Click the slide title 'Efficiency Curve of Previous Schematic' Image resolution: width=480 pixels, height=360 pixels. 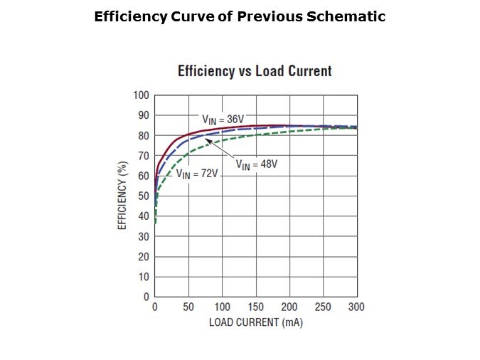click(x=240, y=16)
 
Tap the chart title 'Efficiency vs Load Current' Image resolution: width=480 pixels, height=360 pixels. click(x=255, y=71)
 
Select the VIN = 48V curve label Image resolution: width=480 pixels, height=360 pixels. click(x=256, y=164)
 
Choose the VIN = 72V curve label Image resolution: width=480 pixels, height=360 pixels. click(x=196, y=173)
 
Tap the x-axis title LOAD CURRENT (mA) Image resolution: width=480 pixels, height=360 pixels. click(x=256, y=322)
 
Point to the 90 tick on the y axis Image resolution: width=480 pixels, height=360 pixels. click(x=143, y=115)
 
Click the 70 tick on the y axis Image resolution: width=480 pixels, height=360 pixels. click(x=143, y=156)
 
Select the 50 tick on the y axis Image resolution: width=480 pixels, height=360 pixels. click(x=143, y=196)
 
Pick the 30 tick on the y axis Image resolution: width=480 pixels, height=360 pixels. click(x=143, y=236)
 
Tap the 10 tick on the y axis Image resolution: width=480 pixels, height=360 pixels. click(x=143, y=277)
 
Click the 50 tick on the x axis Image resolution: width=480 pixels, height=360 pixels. click(x=188, y=307)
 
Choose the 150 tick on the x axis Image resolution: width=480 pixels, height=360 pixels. click(x=256, y=307)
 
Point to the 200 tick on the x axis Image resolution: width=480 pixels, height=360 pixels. click(x=289, y=307)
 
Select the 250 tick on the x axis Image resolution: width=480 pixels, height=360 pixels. click(x=323, y=307)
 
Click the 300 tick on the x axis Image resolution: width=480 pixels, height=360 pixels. click(x=356, y=307)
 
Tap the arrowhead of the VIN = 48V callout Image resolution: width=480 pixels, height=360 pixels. click(x=207, y=139)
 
